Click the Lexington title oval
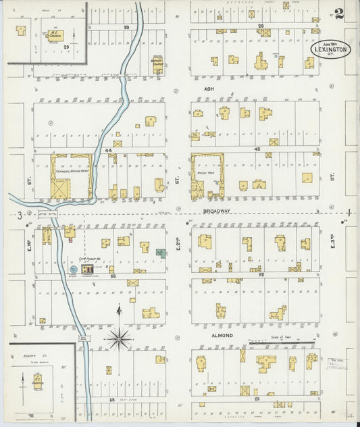(x=330, y=49)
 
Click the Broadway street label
(x=217, y=211)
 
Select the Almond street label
(x=223, y=335)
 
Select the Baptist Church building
(x=158, y=66)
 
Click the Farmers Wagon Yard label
(x=71, y=170)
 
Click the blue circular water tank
(x=73, y=270)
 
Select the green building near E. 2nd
(x=161, y=253)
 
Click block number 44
(x=108, y=150)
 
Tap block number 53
(x=113, y=276)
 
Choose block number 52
(x=260, y=274)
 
